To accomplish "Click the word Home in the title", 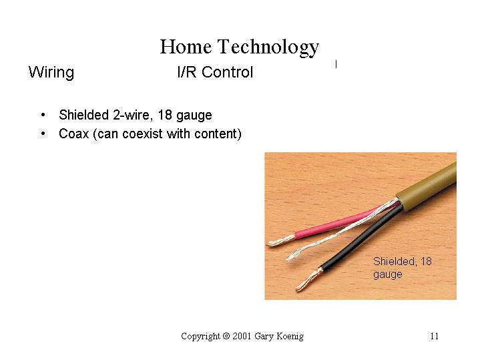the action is (x=186, y=47).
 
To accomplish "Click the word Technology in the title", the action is (x=268, y=48).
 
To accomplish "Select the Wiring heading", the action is (x=51, y=73).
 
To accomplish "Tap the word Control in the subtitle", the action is (x=227, y=72).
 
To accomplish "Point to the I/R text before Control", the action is (x=187, y=72).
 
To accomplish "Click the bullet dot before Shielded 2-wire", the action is (x=43, y=115).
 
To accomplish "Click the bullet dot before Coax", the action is (x=43, y=134).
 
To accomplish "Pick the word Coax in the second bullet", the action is (x=73, y=134).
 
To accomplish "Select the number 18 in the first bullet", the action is (x=165, y=115).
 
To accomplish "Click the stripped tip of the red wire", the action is (x=281, y=240).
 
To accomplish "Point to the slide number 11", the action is (x=435, y=336).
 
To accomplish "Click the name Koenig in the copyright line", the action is (x=290, y=336).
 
